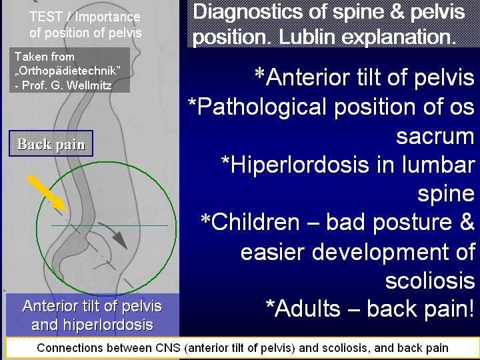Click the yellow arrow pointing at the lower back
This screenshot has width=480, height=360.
click(x=47, y=193)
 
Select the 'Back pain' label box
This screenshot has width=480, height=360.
click(x=51, y=143)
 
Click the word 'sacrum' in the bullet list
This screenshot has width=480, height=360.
click(x=435, y=136)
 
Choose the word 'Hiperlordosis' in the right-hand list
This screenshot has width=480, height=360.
click(x=299, y=165)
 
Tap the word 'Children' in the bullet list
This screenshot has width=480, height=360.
click(x=255, y=222)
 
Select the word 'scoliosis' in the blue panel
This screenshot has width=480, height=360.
click(x=430, y=280)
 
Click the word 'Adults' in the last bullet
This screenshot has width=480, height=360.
click(x=307, y=308)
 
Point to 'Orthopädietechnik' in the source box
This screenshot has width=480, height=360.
click(x=67, y=71)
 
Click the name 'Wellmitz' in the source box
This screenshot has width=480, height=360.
click(x=89, y=85)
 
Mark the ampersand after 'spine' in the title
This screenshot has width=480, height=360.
click(x=397, y=12)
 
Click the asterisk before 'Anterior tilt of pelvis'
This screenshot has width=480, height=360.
click(x=259, y=73)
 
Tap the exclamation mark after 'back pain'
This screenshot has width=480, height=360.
click(x=471, y=308)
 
